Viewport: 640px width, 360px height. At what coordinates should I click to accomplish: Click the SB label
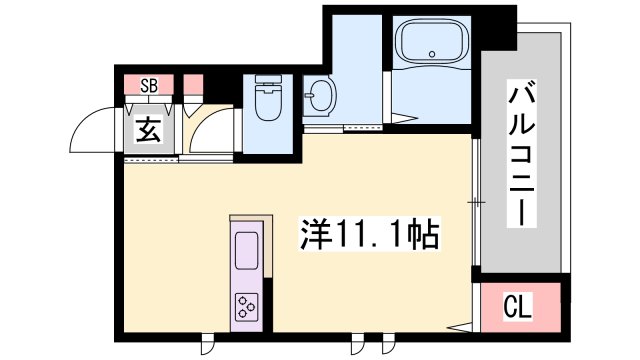(149, 86)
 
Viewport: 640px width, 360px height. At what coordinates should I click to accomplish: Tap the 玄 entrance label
(149, 129)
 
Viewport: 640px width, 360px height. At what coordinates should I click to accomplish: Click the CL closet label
(518, 307)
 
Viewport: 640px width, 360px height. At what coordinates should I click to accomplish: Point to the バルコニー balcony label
(521, 153)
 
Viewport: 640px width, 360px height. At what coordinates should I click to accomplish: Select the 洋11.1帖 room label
(370, 234)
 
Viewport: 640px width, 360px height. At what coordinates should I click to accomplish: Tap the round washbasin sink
(320, 96)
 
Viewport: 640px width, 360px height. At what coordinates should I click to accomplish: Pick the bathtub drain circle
(432, 53)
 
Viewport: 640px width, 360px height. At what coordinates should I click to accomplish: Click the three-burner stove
(247, 307)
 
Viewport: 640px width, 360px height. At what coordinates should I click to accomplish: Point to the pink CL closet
(520, 307)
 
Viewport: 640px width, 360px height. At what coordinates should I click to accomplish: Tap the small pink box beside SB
(193, 85)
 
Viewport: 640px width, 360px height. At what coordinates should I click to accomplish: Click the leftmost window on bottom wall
(207, 343)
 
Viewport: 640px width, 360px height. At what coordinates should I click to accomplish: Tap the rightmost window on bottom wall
(389, 343)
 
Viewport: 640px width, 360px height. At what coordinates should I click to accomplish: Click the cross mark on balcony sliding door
(476, 202)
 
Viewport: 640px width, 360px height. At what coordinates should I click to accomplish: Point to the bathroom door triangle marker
(404, 118)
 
